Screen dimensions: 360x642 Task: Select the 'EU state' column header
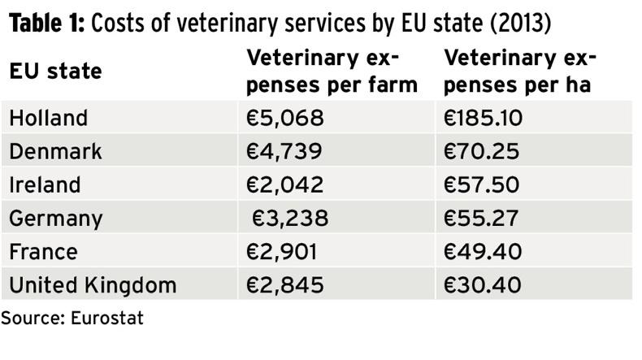[x=55, y=72]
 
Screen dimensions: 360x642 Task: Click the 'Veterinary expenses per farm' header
[x=332, y=71]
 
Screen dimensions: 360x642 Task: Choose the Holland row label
[x=48, y=119]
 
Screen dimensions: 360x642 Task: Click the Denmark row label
[x=55, y=152]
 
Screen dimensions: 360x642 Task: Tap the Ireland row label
[x=45, y=185]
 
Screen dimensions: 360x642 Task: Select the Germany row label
[x=56, y=219]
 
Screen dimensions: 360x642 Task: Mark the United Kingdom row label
[x=92, y=285]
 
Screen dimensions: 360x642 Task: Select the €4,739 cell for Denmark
[x=285, y=152]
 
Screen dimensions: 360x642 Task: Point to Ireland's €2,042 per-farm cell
[x=285, y=185]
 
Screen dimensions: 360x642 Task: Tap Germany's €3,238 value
[x=289, y=219]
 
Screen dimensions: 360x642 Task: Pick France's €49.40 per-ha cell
[x=483, y=252]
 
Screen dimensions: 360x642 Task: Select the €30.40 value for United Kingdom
[x=483, y=285]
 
